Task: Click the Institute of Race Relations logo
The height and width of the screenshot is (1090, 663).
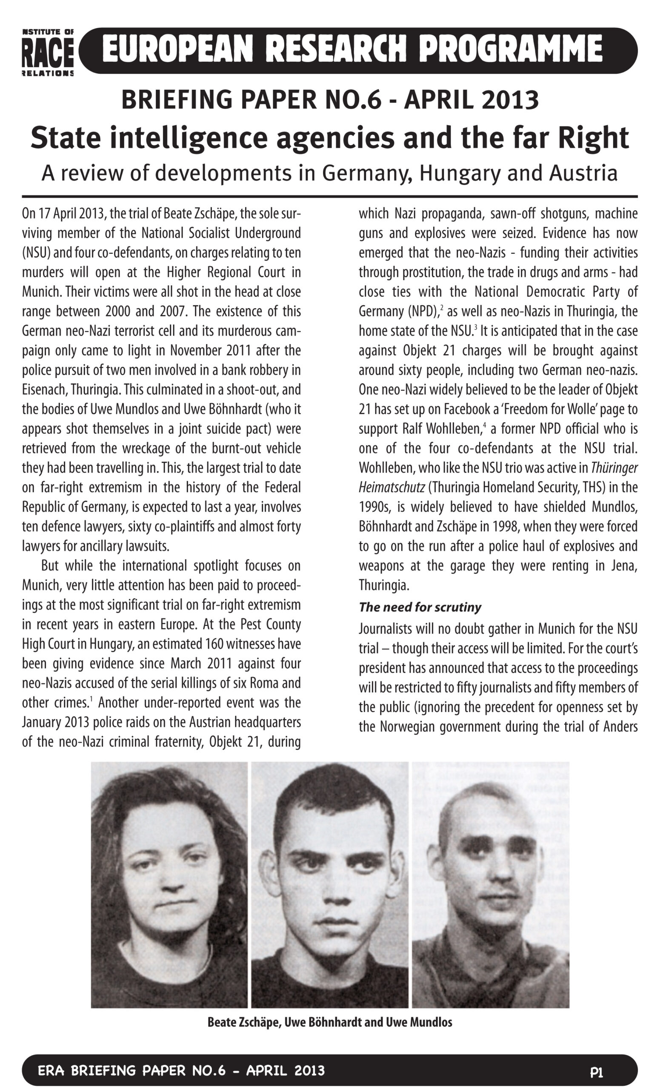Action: (x=48, y=52)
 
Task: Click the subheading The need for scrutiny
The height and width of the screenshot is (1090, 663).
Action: (x=420, y=607)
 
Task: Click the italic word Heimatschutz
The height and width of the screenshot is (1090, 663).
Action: (x=392, y=488)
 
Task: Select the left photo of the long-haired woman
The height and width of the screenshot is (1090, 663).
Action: (x=169, y=885)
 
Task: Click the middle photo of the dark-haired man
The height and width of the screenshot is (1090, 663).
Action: (x=329, y=885)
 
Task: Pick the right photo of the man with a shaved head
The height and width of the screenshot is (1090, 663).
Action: (x=490, y=885)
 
